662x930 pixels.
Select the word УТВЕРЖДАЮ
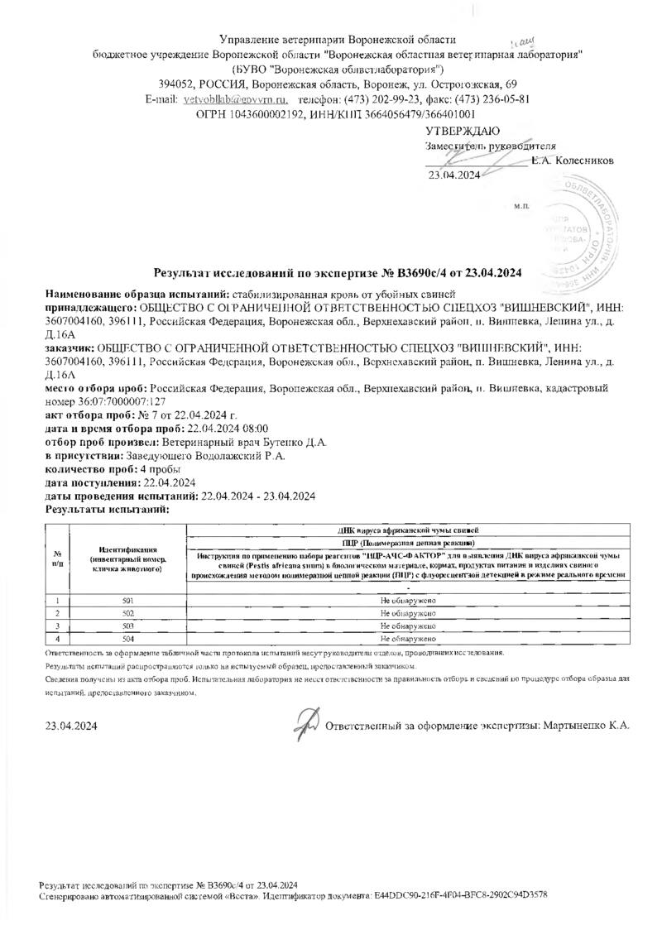pos(462,131)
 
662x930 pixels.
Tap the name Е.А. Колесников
pos(573,160)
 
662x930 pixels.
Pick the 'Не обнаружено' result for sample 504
pos(408,640)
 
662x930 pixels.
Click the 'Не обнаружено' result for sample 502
pos(408,613)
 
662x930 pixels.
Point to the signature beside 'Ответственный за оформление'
pos(307,723)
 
